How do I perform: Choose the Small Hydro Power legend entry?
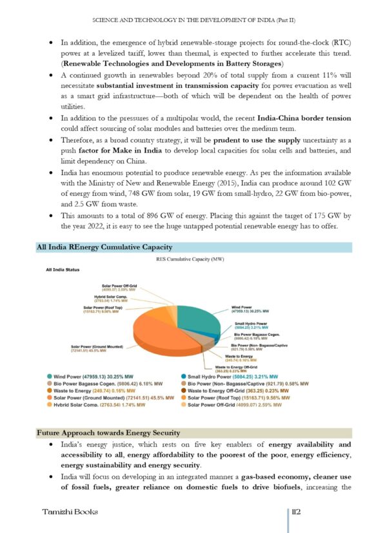coord(238,376)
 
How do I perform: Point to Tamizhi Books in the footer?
coord(70,511)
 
